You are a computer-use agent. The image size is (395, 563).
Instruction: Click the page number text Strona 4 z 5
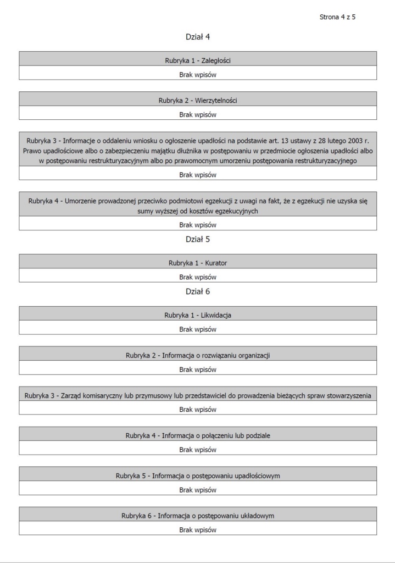point(337,17)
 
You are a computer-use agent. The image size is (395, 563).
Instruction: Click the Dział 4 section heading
point(198,37)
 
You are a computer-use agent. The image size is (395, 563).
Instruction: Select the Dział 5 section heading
point(198,239)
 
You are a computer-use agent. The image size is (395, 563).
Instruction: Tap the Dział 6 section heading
point(198,291)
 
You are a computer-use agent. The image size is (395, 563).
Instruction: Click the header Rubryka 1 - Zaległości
point(198,59)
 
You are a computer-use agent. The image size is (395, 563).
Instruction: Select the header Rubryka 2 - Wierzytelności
point(198,100)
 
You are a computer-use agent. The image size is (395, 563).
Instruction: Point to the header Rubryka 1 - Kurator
point(198,263)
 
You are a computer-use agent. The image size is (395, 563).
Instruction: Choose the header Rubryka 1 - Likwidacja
point(198,315)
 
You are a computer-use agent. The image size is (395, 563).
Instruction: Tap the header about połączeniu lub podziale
point(198,435)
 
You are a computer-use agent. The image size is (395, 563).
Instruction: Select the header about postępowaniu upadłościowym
point(198,476)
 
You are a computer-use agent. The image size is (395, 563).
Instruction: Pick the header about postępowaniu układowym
point(198,516)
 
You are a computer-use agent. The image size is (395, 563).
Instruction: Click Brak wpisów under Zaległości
point(198,74)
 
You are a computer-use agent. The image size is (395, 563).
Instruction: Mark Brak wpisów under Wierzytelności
point(198,114)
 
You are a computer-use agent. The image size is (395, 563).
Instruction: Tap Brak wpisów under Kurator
point(198,277)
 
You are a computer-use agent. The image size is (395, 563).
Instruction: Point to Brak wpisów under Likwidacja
point(198,329)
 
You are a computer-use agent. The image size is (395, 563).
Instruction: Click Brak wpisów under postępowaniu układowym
point(198,530)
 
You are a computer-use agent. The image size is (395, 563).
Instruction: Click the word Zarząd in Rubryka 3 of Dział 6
point(73,395)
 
